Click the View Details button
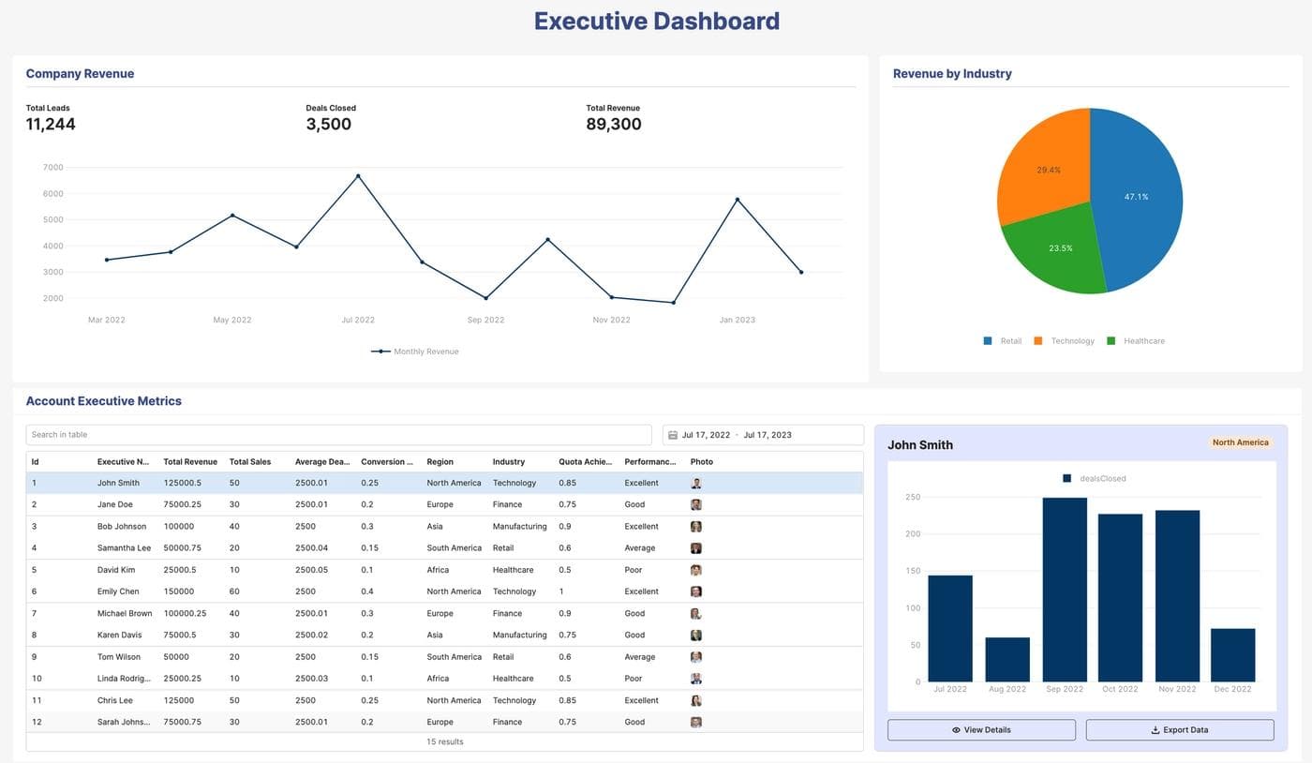click(981, 730)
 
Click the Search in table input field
click(338, 435)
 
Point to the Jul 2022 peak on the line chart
click(358, 176)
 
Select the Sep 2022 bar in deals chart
click(1064, 590)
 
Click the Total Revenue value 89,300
click(614, 125)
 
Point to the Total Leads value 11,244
click(51, 125)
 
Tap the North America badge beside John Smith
click(1240, 442)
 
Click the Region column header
click(440, 462)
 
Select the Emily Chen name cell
click(118, 591)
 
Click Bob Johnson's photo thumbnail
click(696, 527)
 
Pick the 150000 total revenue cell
click(178, 591)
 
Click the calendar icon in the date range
click(673, 435)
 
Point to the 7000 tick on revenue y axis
click(53, 168)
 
